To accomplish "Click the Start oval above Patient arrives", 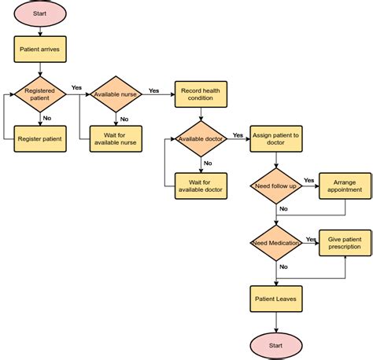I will (x=39, y=13).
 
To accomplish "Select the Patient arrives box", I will (x=39, y=50).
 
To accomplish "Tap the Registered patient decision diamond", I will (x=39, y=94).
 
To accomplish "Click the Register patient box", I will (x=39, y=139).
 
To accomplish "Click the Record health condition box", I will (x=201, y=94).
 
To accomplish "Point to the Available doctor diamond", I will (x=201, y=139).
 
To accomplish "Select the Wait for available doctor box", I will (x=201, y=186).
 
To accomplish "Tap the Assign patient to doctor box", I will (x=276, y=139).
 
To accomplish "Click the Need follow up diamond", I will (x=276, y=186).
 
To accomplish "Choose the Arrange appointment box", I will (x=345, y=186).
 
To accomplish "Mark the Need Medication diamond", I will (x=276, y=244).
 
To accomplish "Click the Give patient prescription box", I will (x=345, y=244).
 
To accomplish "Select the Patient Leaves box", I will (x=276, y=299).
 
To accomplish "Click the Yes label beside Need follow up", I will (x=309, y=180).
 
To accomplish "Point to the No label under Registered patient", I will (x=47, y=118).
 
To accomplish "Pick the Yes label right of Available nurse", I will (x=154, y=90).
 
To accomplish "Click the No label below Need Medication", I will (x=283, y=267).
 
